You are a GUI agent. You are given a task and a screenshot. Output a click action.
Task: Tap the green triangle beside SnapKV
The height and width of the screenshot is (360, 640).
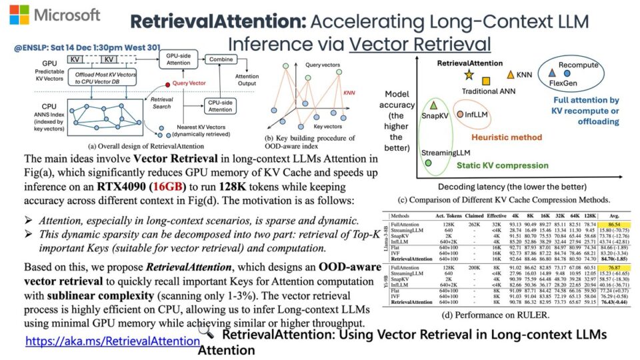(x=434, y=105)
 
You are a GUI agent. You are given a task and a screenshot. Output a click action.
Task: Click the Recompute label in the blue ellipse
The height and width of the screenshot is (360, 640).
(x=579, y=66)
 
